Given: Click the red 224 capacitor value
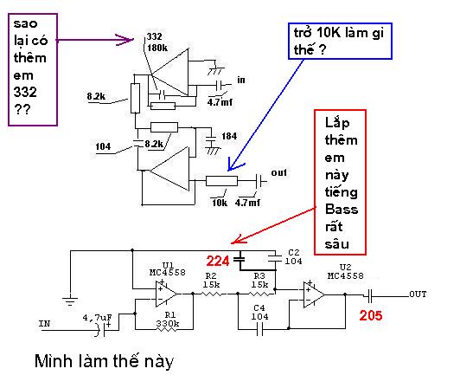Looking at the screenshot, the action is [x=218, y=261].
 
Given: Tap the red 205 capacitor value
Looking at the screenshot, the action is [x=371, y=315].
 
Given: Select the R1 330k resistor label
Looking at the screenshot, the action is [x=168, y=320].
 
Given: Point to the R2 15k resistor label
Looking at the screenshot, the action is [x=211, y=281].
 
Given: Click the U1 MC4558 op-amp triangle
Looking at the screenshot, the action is [x=166, y=294].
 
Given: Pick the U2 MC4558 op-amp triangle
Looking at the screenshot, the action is [x=314, y=294].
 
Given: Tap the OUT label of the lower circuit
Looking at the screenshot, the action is [x=418, y=294].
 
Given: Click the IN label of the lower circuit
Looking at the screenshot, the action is [x=45, y=324].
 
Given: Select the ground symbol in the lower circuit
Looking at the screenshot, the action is [x=70, y=301].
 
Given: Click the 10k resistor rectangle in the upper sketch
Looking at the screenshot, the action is [x=221, y=181].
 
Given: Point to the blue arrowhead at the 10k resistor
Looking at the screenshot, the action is [x=234, y=166].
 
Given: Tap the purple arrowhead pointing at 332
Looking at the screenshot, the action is [x=125, y=40].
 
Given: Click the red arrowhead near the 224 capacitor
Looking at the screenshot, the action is [x=239, y=239].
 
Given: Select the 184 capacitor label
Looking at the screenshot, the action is [x=229, y=136].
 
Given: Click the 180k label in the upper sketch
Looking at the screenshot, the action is [x=157, y=48].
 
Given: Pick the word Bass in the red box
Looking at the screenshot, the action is [x=342, y=210].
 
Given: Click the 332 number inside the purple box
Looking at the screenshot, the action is [x=25, y=93].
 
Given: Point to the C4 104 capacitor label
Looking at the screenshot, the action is [x=259, y=312].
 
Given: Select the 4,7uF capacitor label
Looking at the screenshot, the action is [x=97, y=318].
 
